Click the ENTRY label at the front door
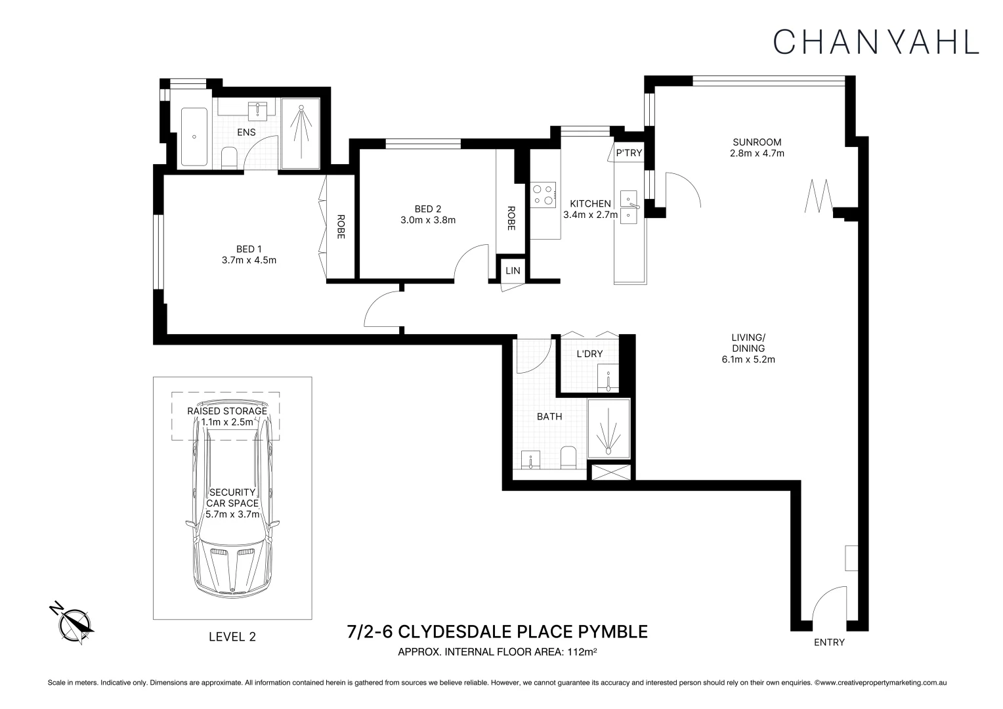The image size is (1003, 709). [829, 642]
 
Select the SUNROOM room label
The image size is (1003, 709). [757, 142]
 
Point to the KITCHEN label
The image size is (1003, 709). [590, 204]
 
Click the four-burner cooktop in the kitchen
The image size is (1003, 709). [543, 195]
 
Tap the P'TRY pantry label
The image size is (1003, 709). [629, 153]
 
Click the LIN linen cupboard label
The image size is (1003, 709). [513, 270]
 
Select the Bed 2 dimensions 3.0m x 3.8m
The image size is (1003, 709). [428, 220]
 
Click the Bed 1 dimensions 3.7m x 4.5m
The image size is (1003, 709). [249, 260]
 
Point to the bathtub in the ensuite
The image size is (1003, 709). [194, 137]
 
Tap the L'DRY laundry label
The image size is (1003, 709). [589, 354]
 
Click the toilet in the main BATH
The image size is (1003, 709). [568, 458]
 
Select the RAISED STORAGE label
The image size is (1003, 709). [227, 411]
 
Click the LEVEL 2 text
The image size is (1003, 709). [232, 636]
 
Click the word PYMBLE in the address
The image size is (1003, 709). [613, 632]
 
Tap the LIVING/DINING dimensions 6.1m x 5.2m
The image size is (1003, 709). [748, 359]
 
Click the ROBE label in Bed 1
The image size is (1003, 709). [341, 226]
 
